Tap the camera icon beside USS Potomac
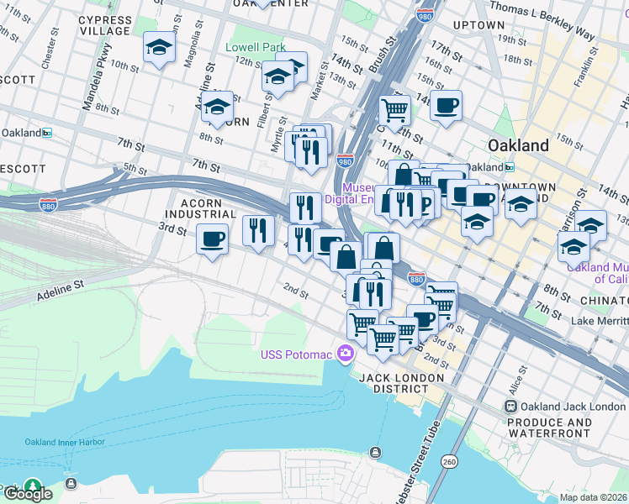point(344,354)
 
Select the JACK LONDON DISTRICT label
point(401,384)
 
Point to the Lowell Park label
point(256,48)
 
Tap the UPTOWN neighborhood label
point(478,25)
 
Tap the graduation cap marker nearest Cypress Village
point(157,49)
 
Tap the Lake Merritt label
point(599,321)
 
